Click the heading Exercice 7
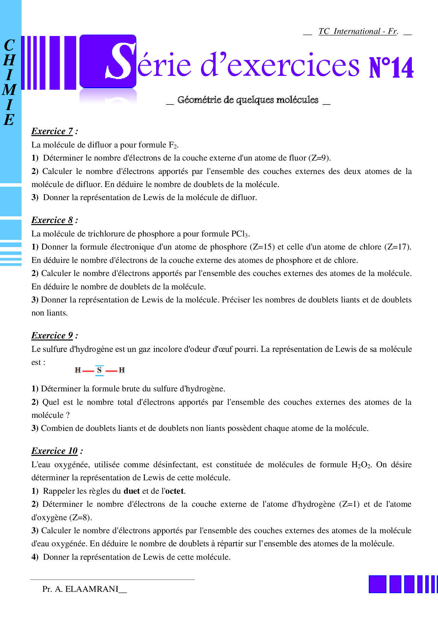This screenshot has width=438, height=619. click(x=52, y=131)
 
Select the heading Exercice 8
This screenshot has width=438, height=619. click(x=52, y=220)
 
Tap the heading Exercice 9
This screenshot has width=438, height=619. click(x=52, y=336)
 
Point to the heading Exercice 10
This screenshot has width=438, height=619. click(x=55, y=451)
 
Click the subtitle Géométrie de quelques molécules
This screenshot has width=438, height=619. click(x=248, y=100)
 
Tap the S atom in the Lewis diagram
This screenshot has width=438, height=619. click(x=100, y=370)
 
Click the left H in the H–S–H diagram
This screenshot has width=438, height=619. click(x=78, y=370)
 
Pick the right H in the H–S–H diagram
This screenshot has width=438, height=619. click(x=122, y=370)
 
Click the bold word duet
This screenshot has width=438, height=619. click(x=132, y=491)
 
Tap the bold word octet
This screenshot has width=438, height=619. click(x=174, y=491)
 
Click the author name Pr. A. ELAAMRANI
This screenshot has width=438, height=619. click(x=81, y=589)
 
